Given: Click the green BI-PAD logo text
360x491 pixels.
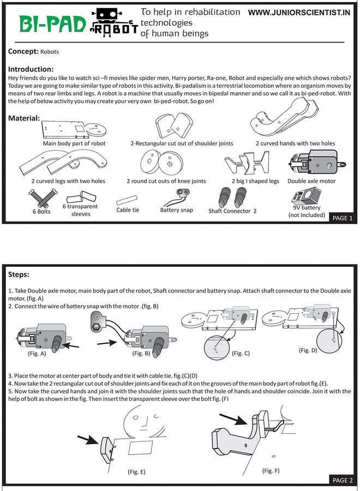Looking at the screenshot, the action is (52, 24).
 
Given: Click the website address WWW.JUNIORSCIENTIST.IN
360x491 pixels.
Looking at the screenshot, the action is (299, 13).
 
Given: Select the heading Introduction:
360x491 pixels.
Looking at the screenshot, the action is (31, 69).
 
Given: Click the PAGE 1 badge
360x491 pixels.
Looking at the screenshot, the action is (343, 218).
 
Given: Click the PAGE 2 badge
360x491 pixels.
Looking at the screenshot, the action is (343, 480).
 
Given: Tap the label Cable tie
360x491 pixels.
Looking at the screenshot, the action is (128, 210).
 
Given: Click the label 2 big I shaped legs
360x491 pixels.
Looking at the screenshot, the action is (255, 181).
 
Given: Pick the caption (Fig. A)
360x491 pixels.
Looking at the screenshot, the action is (37, 354).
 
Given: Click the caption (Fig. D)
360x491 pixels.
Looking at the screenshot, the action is (308, 350).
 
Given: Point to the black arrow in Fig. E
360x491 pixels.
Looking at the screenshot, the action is (88, 440).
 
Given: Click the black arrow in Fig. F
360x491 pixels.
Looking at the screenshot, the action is (234, 418).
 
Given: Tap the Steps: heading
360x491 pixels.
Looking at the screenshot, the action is (19, 274).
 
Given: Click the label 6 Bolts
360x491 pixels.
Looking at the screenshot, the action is (41, 211).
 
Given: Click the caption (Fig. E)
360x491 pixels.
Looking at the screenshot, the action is (136, 472).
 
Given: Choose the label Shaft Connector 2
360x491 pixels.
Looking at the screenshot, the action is (232, 211).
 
